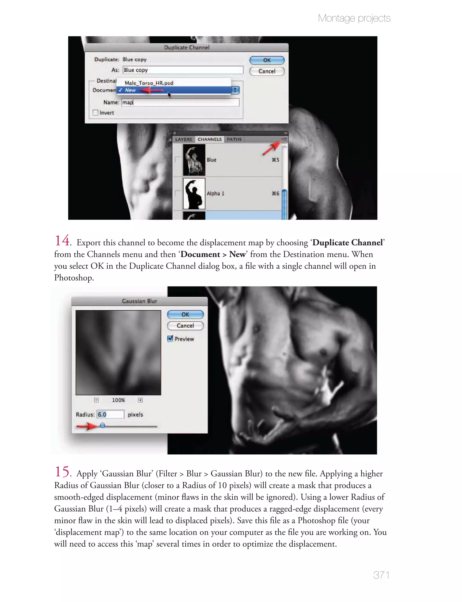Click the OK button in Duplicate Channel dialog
point(267,60)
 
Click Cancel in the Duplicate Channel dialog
point(267,71)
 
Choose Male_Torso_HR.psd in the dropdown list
point(149,83)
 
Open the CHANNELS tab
point(210,139)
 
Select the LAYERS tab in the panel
point(183,139)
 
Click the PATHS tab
point(234,139)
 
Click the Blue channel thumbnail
point(194,160)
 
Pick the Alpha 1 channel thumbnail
point(194,194)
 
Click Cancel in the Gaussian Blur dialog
point(185,326)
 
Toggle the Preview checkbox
point(170,339)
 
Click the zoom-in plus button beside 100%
point(140,400)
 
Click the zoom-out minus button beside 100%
point(96,400)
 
